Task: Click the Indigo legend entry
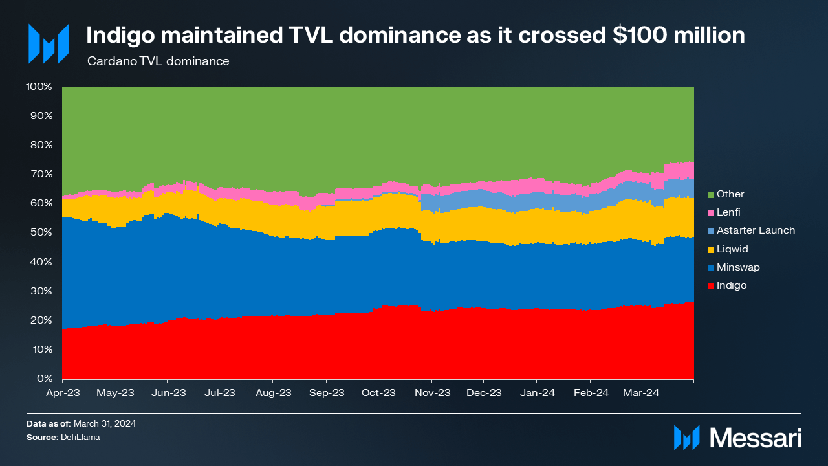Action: [731, 285]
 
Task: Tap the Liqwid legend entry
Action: [730, 249]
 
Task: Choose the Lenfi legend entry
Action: [728, 212]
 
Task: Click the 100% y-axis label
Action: [38, 86]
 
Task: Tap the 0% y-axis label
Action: [43, 379]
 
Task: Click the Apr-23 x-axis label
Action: [62, 393]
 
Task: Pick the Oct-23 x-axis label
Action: [378, 393]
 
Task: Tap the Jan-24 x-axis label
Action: [537, 393]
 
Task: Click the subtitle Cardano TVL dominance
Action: [158, 62]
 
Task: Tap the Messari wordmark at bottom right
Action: [756, 438]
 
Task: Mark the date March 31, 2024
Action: [105, 423]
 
